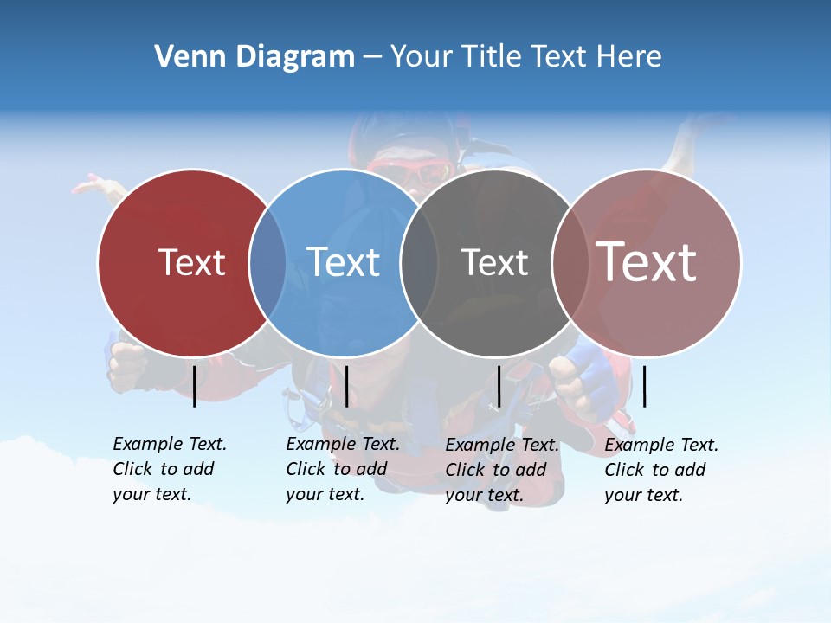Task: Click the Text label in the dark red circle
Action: [x=191, y=262]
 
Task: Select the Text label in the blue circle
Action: [x=343, y=262]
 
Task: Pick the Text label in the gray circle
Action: [x=494, y=262]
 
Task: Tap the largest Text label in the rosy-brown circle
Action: [x=646, y=261]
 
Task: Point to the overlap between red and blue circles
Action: [x=267, y=262]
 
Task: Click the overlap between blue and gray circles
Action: [x=419, y=262]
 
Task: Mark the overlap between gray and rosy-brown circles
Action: [x=570, y=262]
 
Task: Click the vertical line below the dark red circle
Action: [x=195, y=386]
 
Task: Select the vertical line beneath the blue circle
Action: [x=346, y=386]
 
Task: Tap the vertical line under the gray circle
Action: [x=499, y=386]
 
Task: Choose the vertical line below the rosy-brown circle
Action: [x=644, y=386]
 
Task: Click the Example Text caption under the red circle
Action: [x=169, y=469]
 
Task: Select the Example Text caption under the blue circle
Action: [x=342, y=469]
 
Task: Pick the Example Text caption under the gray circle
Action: [x=501, y=470]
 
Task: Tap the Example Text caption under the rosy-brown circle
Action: [x=660, y=470]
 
